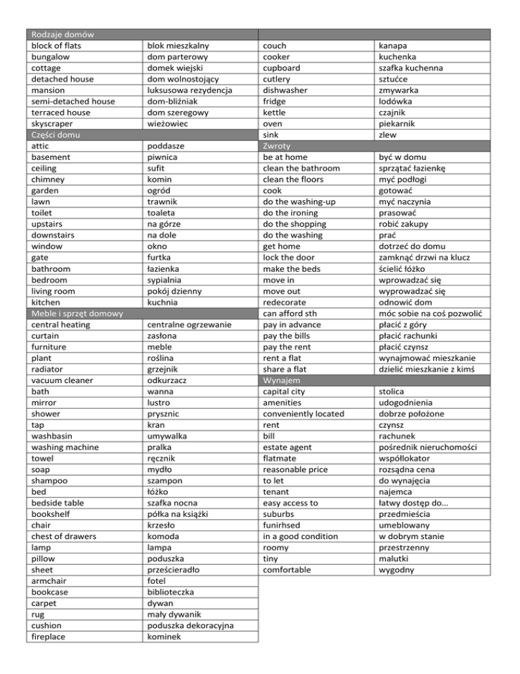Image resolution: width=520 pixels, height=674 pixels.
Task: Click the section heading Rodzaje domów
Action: click(62, 34)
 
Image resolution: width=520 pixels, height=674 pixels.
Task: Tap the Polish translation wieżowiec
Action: click(171, 123)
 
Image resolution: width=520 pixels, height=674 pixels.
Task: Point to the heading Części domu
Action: click(56, 135)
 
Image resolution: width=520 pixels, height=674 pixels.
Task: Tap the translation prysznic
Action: click(166, 414)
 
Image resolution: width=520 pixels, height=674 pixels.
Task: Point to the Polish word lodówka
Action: click(399, 101)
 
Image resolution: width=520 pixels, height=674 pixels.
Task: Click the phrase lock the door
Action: click(292, 258)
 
